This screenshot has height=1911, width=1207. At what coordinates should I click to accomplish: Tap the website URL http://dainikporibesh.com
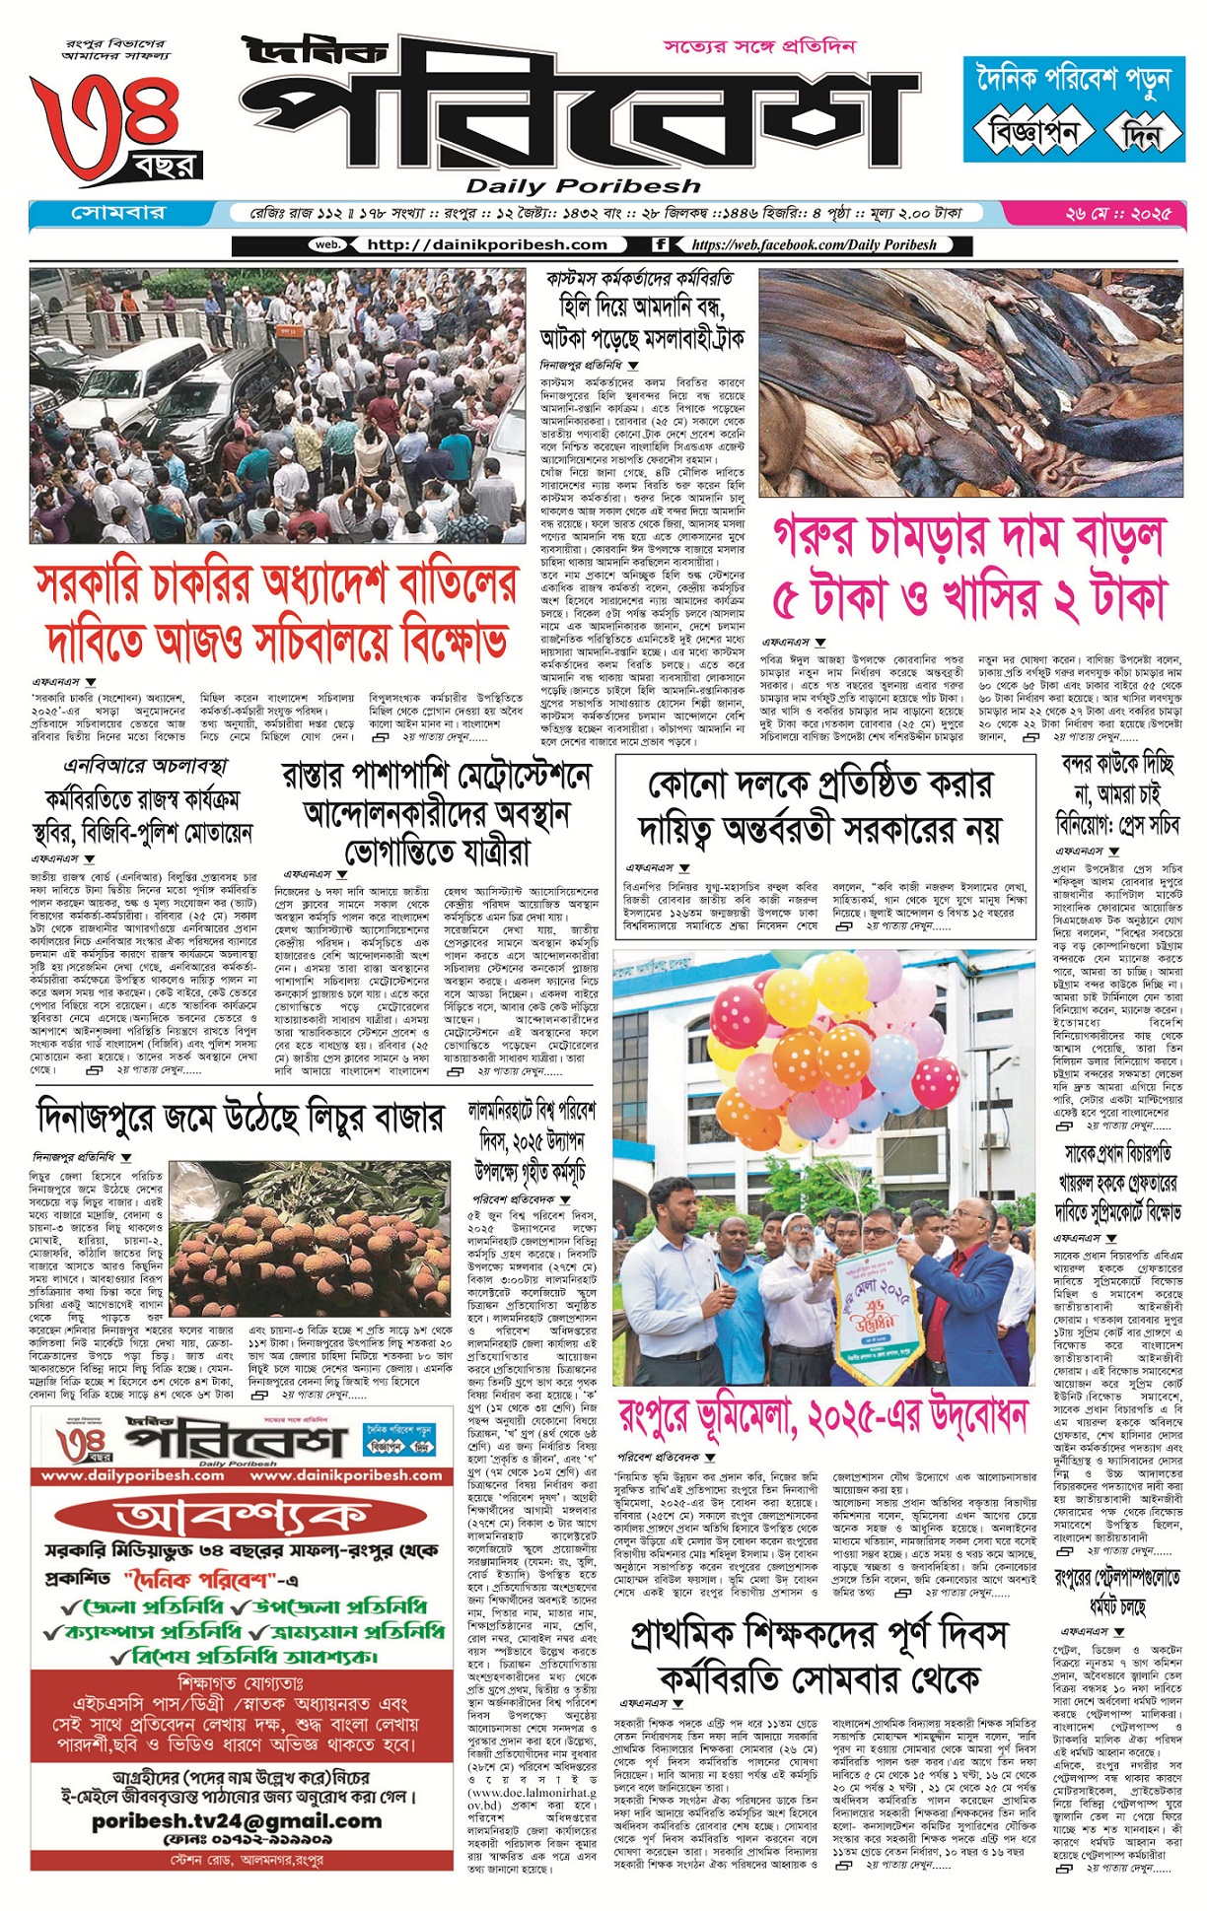coord(486,244)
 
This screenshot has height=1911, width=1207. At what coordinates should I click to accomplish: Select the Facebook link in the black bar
coord(814,244)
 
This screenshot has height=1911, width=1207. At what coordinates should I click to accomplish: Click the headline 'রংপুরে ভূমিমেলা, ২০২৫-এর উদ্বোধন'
coord(822,1420)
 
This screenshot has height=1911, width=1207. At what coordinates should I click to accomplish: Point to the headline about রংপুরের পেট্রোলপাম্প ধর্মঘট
coord(1117,1592)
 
